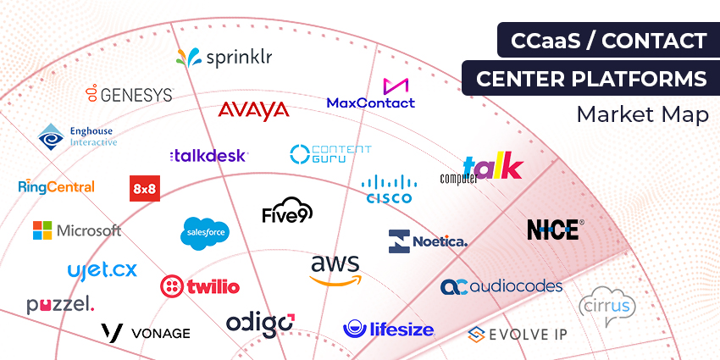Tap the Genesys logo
click(129, 94)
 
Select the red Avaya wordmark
click(253, 111)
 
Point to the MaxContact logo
click(371, 94)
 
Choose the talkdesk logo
click(208, 156)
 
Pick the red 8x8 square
click(144, 188)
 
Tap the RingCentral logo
click(56, 186)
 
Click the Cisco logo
click(389, 189)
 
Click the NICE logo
click(554, 229)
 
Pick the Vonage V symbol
click(112, 332)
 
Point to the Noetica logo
click(428, 241)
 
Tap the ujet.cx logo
click(102, 271)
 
